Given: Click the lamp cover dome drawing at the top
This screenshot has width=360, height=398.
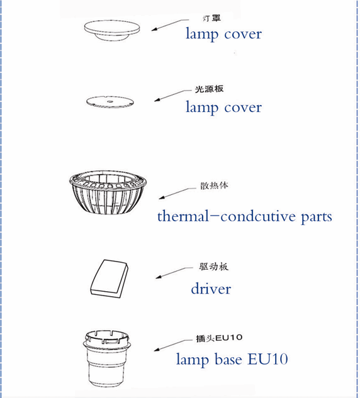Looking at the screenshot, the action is [x=112, y=29].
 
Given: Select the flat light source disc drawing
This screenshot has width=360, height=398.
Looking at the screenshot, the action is [x=110, y=102].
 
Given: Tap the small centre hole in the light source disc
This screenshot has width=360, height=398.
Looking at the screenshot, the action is [x=110, y=101].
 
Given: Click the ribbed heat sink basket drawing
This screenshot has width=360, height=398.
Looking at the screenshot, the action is [x=108, y=192].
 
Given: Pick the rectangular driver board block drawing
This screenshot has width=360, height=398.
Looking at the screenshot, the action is [x=110, y=279].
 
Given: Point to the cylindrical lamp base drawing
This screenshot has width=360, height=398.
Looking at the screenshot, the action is [x=107, y=358].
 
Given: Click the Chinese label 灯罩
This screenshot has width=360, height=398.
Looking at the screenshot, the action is [x=211, y=18].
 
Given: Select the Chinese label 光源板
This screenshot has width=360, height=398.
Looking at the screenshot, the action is [x=209, y=89].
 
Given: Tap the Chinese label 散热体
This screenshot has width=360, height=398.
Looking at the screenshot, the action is [x=214, y=185].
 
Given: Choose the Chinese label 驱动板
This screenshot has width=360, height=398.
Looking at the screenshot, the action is [x=213, y=267].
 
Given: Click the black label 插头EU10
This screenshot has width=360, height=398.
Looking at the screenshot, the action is [x=219, y=338].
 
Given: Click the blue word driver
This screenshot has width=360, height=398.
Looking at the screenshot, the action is [x=211, y=289].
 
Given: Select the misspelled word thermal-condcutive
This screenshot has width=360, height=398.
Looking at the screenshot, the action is [x=227, y=216].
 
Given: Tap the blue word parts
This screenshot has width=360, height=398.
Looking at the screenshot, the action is [x=317, y=218].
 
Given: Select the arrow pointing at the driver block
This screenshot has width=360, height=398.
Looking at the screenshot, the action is [x=174, y=273].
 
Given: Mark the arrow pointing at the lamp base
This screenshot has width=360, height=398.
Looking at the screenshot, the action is [x=173, y=345].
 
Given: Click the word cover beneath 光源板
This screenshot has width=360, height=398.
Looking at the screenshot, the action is [x=243, y=108].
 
